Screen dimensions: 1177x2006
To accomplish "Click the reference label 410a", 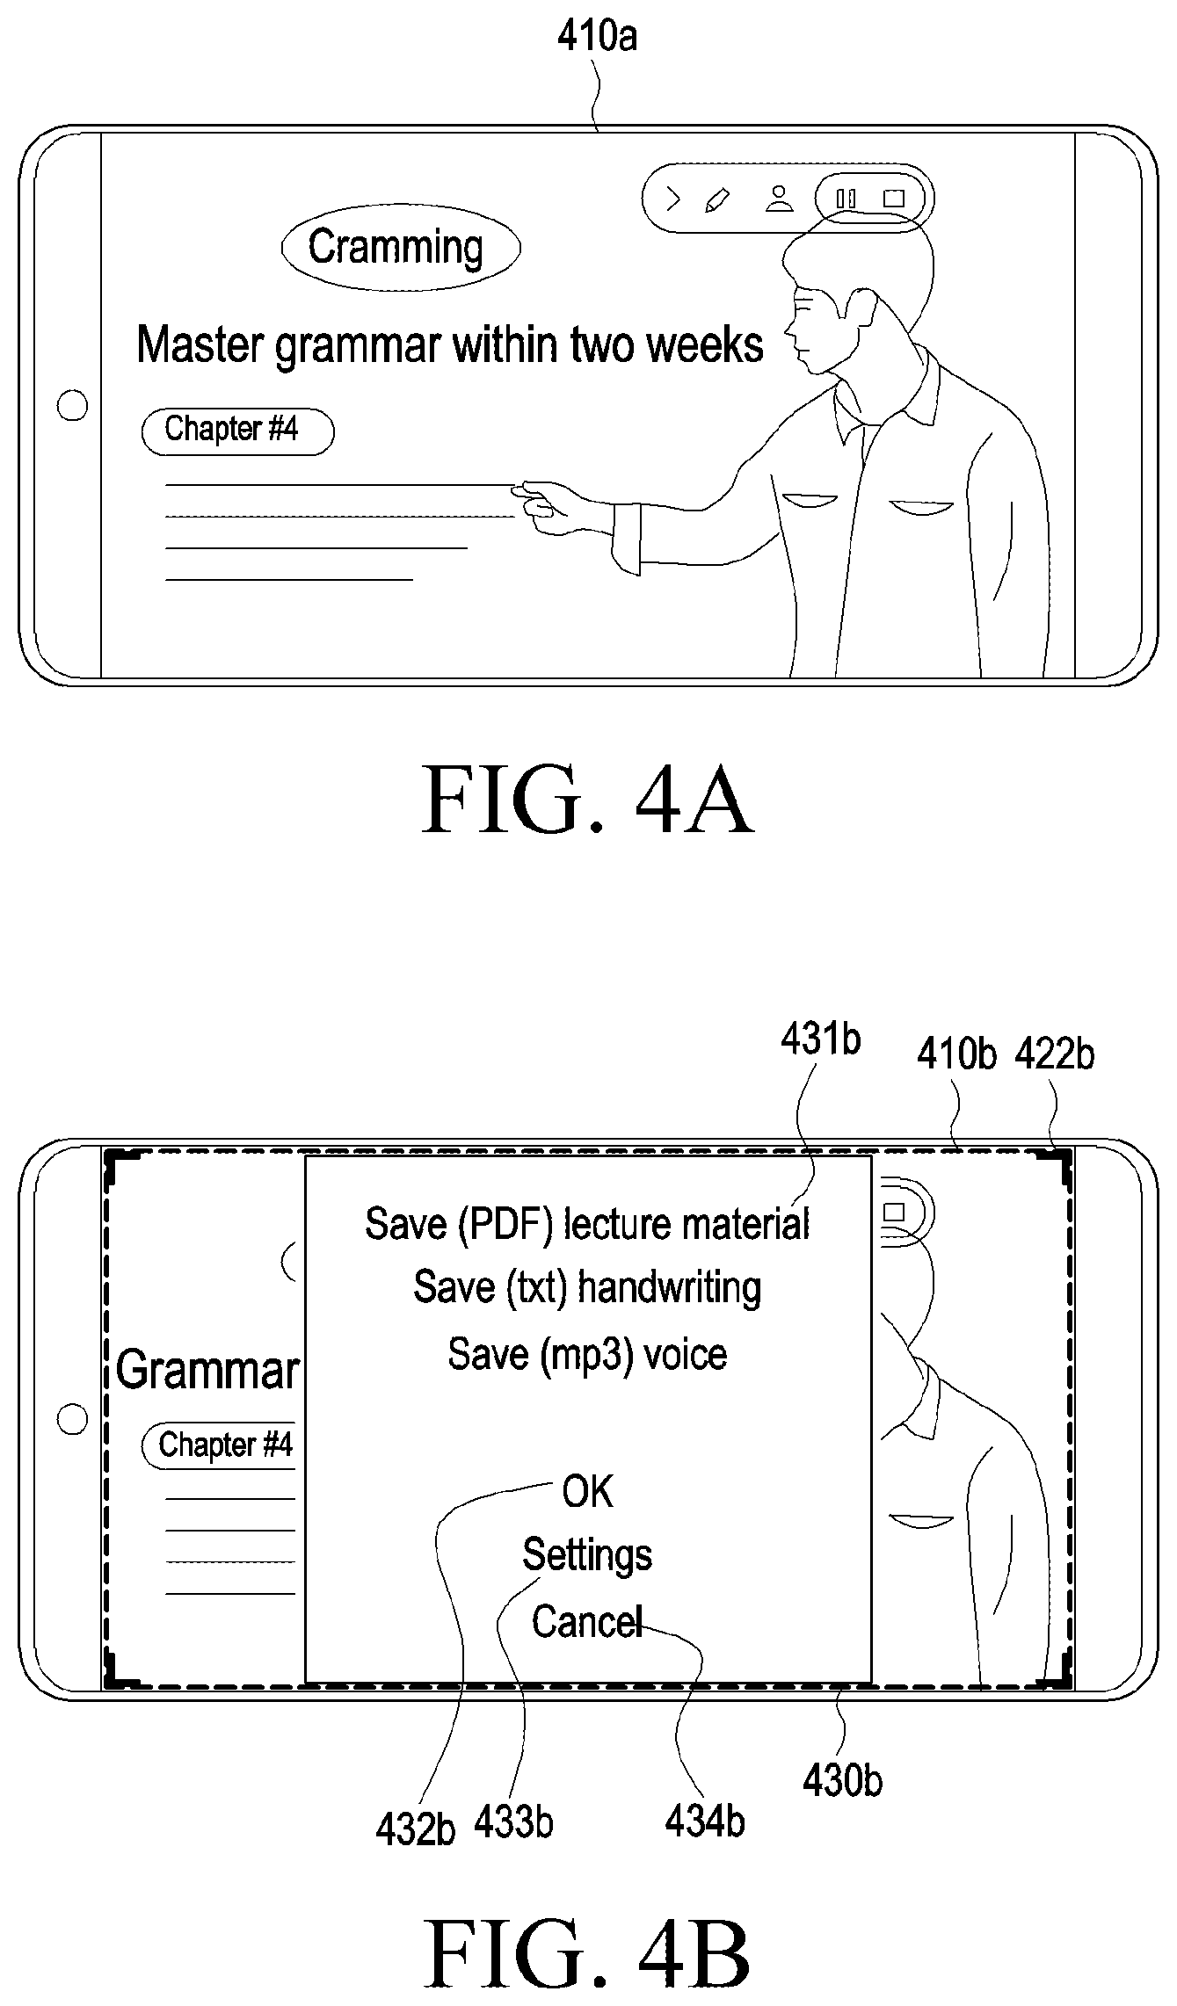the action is point(597,36).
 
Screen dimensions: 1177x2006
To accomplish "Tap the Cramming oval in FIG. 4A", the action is point(401,247).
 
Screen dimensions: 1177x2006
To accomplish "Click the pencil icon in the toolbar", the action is point(717,199).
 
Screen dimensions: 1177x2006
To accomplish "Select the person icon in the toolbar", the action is point(779,199).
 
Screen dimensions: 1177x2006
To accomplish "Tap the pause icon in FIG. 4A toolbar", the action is point(846,199).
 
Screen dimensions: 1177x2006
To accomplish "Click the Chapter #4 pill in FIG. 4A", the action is point(237,431).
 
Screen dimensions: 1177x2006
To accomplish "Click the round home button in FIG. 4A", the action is point(72,406).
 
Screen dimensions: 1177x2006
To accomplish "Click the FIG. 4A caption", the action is point(588,800).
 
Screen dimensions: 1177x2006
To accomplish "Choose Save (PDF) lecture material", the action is point(587,1224).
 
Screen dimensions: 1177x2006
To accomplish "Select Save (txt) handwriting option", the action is point(587,1288).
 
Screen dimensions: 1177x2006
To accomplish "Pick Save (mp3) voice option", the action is point(587,1354).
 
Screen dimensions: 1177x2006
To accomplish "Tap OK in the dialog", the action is point(588,1492).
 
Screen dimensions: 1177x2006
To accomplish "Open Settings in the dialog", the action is point(587,1555).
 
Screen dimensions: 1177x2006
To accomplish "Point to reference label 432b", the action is point(415,1829).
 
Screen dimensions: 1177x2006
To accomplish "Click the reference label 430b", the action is point(842,1780).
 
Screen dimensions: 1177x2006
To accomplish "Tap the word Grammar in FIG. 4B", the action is point(207,1370).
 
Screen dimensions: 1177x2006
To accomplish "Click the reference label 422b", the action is point(1055,1054).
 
